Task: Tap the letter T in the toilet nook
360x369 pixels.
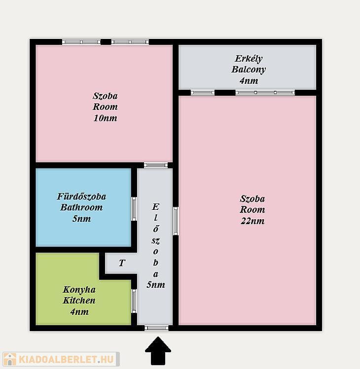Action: pyautogui.click(x=122, y=263)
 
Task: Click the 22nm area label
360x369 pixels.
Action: pyautogui.click(x=252, y=221)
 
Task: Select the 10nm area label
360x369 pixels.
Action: pyautogui.click(x=105, y=118)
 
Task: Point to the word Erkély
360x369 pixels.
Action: pyautogui.click(x=249, y=59)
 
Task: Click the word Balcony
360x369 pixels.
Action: pyautogui.click(x=249, y=69)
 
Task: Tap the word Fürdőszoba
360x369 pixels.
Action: pyautogui.click(x=81, y=196)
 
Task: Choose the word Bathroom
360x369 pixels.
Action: pyautogui.click(x=81, y=207)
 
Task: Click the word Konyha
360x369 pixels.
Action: pyautogui.click(x=79, y=290)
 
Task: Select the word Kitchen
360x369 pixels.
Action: pyautogui.click(x=79, y=301)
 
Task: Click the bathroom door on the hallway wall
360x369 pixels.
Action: pyautogui.click(x=134, y=209)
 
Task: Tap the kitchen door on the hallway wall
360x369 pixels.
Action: pyautogui.click(x=134, y=301)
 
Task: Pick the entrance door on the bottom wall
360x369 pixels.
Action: pyautogui.click(x=156, y=328)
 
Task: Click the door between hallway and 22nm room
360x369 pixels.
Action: pyautogui.click(x=176, y=221)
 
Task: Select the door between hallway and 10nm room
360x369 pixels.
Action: pyautogui.click(x=156, y=165)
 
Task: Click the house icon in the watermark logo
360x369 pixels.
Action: pyautogui.click(x=10, y=359)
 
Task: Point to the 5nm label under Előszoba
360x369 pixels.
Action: pyautogui.click(x=156, y=285)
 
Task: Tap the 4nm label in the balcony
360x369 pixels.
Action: pyautogui.click(x=249, y=81)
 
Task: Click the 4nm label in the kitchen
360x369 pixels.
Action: pyautogui.click(x=79, y=311)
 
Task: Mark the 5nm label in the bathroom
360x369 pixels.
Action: pyautogui.click(x=81, y=219)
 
